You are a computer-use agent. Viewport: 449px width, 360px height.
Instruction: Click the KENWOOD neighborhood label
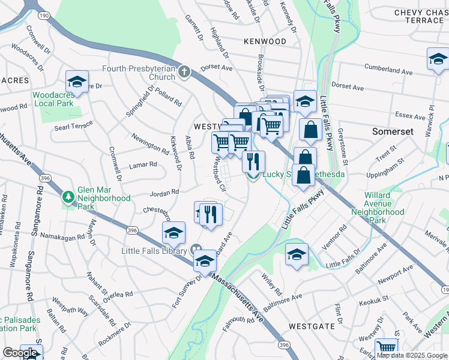(x=265, y=41)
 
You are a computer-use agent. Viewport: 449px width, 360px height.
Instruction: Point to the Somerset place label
(x=393, y=131)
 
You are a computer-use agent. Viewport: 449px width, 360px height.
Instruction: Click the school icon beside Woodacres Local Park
(x=77, y=81)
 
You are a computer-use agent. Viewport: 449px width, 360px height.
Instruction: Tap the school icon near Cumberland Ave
(x=438, y=59)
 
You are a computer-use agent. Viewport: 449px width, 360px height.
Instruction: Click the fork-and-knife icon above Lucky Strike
(x=253, y=161)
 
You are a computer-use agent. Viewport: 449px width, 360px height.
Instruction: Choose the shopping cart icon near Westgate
(x=386, y=348)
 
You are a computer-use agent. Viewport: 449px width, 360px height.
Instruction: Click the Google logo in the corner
(x=19, y=353)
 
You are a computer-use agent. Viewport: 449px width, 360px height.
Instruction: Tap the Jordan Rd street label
(x=165, y=193)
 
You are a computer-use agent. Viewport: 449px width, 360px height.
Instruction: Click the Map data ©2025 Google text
(x=412, y=355)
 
